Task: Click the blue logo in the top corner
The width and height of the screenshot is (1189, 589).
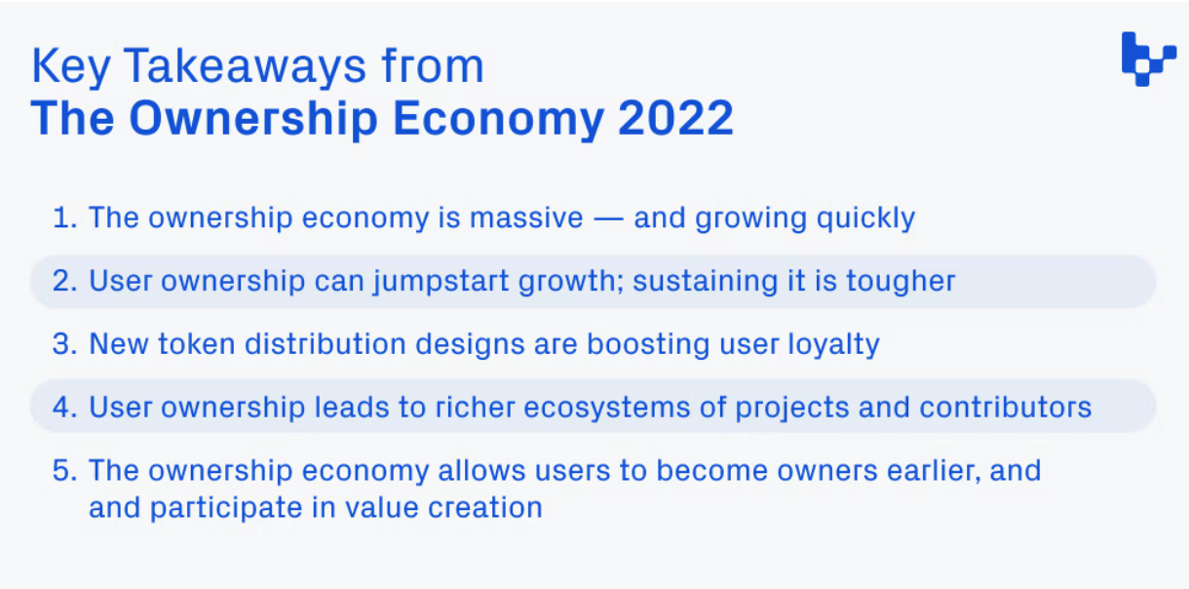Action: coord(1149,59)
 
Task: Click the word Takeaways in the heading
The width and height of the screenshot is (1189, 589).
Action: coord(245,66)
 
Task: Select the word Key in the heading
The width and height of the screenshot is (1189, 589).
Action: coord(71,67)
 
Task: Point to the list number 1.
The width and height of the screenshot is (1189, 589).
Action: coord(64,217)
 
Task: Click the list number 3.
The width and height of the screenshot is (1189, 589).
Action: coord(64,343)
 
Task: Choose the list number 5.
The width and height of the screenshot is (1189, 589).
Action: coord(64,471)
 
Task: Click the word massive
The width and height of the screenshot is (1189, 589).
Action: coord(526,217)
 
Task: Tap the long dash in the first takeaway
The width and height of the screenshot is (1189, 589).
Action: coord(608,218)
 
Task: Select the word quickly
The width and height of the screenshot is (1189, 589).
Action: coord(865,218)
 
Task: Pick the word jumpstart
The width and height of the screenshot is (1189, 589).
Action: coord(441,282)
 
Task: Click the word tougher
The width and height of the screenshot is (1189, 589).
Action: coord(901,282)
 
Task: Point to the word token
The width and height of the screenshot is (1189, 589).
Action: coord(197,344)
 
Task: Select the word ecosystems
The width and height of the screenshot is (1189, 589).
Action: coord(607,409)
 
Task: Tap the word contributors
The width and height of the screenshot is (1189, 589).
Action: coord(1006,408)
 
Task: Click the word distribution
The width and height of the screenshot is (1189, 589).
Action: coord(326,343)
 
